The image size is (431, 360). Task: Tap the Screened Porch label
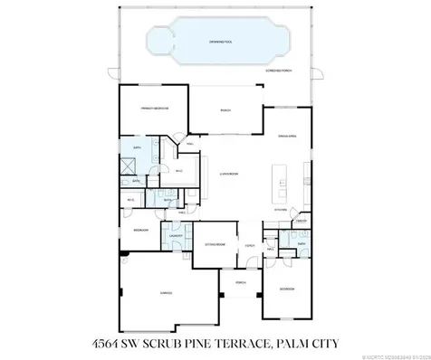pos(278,69)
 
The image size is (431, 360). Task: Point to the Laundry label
pos(177,237)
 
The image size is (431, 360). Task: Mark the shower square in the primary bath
pos(130,166)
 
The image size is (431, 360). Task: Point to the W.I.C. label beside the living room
pos(179,169)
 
